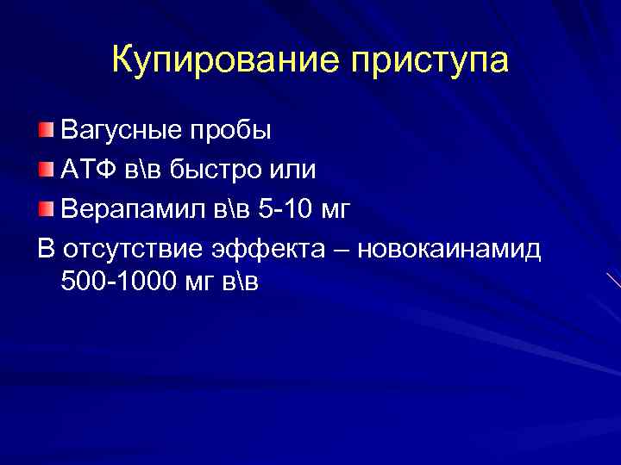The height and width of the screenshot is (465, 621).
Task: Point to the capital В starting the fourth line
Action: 47,249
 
